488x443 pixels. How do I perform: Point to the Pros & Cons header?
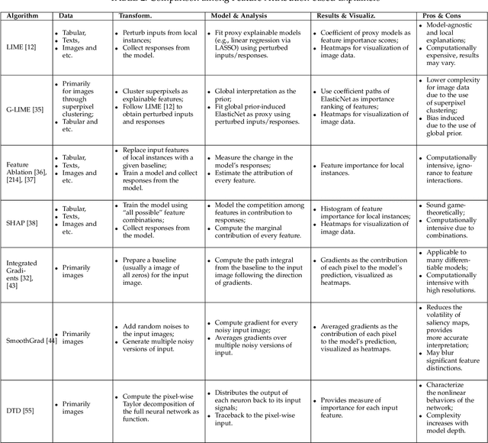click(x=447, y=15)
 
